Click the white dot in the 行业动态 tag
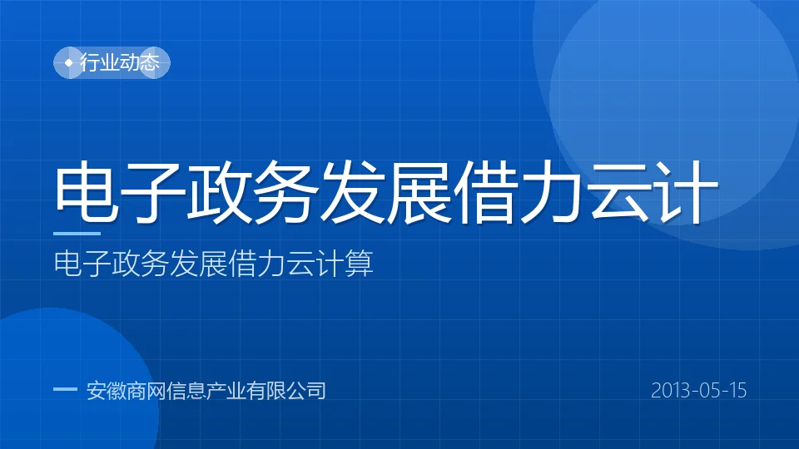coord(69,62)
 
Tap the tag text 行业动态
coord(120,62)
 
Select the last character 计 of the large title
coord(685,191)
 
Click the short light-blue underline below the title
coord(77,234)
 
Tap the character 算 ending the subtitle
coord(360,264)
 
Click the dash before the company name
coord(65,390)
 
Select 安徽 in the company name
coord(106,391)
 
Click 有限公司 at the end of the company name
coord(286,391)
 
